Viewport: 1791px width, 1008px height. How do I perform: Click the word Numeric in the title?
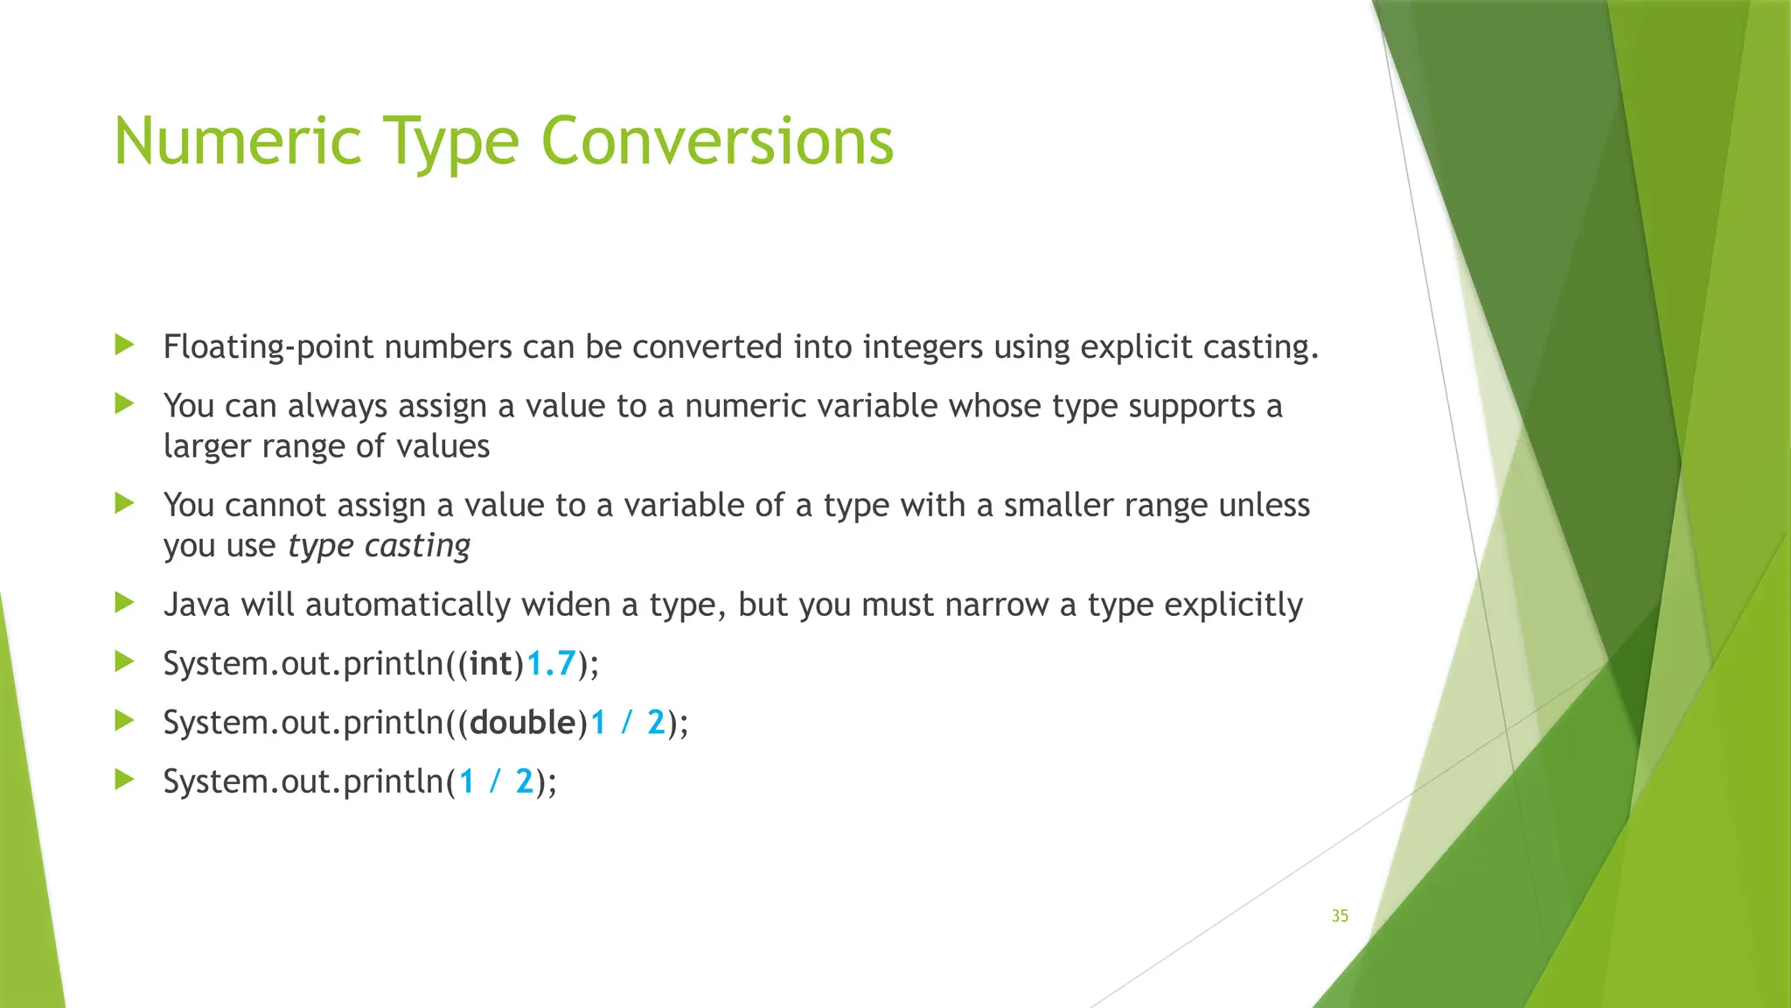[x=237, y=142]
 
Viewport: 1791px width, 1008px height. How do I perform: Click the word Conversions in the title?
[x=717, y=142]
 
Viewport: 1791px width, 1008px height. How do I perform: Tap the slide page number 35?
[x=1340, y=916]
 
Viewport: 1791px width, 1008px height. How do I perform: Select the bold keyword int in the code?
[x=491, y=664]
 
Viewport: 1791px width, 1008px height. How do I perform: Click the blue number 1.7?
[x=550, y=664]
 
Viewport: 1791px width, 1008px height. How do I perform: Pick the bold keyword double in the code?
[x=522, y=723]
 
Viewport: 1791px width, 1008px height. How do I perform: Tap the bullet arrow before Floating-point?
[x=124, y=345]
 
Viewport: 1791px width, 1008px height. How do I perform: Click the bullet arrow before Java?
[x=124, y=602]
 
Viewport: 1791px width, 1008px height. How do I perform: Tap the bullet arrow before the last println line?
[x=124, y=779]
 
